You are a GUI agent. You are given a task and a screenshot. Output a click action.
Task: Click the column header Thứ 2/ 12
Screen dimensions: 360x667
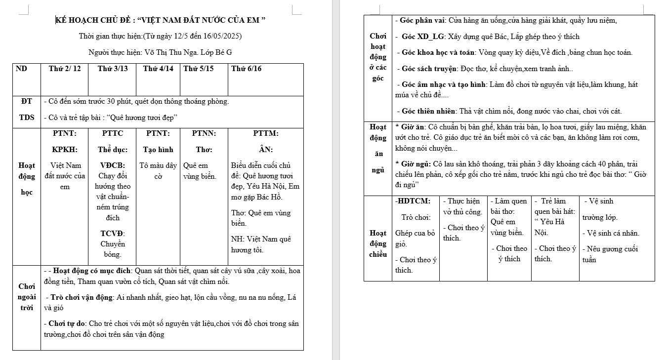click(x=65, y=69)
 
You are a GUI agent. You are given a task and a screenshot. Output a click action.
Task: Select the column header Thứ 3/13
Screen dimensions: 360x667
click(x=113, y=69)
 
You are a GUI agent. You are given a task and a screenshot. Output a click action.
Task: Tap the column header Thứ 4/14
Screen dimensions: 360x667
click(x=158, y=69)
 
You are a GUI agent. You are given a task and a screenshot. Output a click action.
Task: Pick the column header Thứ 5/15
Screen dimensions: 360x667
click(x=199, y=69)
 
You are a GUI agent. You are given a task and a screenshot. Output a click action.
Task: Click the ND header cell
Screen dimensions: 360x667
click(x=22, y=69)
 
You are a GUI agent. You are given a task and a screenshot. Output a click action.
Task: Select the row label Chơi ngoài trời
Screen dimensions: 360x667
click(x=27, y=297)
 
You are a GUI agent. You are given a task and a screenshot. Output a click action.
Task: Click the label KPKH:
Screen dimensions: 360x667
click(x=64, y=149)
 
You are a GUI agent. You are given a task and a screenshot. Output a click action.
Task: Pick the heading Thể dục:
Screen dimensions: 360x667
click(x=113, y=149)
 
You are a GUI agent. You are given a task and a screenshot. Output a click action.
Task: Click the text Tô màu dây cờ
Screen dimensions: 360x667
click(x=158, y=170)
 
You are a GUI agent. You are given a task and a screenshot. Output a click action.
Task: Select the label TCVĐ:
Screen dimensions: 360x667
click(x=113, y=233)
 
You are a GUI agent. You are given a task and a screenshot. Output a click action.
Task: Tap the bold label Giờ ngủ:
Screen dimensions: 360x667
click(x=413, y=163)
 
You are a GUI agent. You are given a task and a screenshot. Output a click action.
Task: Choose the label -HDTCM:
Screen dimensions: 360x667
click(x=413, y=201)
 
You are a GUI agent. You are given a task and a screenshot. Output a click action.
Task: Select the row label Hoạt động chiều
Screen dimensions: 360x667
click(x=378, y=243)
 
